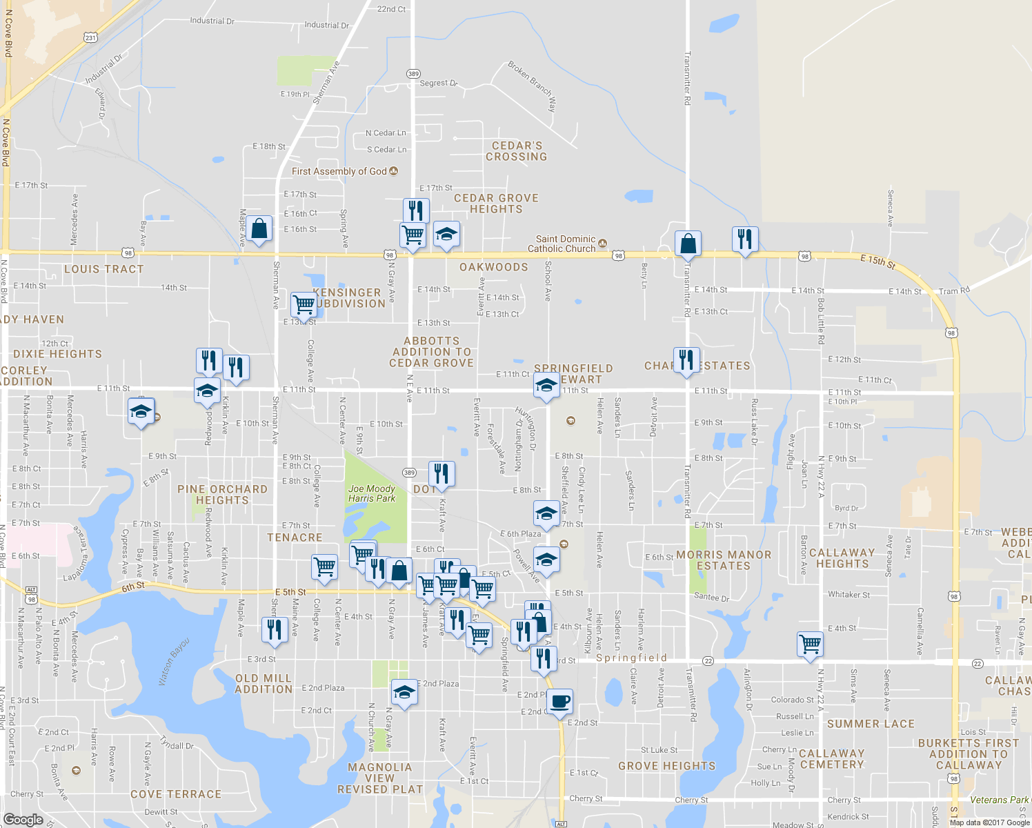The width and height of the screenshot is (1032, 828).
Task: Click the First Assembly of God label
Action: pyautogui.click(x=339, y=171)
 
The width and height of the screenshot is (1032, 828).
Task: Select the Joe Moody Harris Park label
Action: pyautogui.click(x=372, y=493)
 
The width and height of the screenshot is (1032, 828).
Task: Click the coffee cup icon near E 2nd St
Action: pyautogui.click(x=560, y=701)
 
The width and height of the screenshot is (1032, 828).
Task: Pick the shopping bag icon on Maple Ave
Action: pyautogui.click(x=259, y=229)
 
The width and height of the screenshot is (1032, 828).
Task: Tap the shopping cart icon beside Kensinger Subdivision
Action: pyautogui.click(x=304, y=304)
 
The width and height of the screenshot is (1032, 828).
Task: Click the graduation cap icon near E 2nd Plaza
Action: pyautogui.click(x=404, y=692)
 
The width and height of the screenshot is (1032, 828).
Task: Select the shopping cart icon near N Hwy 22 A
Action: pyautogui.click(x=810, y=644)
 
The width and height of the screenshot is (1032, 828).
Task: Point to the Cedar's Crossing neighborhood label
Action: pyautogui.click(x=517, y=151)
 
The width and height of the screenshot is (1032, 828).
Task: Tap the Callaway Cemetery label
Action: pyautogui.click(x=832, y=759)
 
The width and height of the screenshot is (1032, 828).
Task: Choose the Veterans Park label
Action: pyautogui.click(x=999, y=800)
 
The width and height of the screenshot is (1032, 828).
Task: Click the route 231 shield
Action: pyautogui.click(x=91, y=38)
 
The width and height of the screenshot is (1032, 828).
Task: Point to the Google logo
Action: pyautogui.click(x=23, y=820)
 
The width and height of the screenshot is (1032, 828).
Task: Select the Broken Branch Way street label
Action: pyautogui.click(x=532, y=86)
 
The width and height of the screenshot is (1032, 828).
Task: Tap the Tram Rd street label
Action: pyautogui.click(x=954, y=291)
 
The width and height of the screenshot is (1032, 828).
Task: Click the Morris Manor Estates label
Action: pyautogui.click(x=724, y=560)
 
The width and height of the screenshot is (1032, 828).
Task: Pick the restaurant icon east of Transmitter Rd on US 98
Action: pyautogui.click(x=744, y=239)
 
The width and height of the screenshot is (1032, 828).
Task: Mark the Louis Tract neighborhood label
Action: pyautogui.click(x=104, y=269)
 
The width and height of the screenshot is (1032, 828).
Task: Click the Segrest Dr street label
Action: pyautogui.click(x=439, y=83)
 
